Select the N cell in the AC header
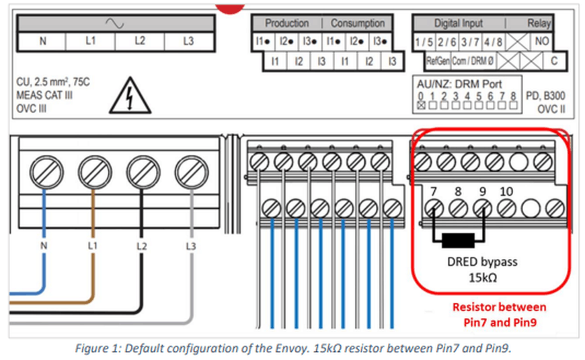43,41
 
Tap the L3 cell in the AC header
188,41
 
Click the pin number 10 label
507,192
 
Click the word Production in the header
287,23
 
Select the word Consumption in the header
358,23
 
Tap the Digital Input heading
458,23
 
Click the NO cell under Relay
541,41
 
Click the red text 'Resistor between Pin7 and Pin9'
498,314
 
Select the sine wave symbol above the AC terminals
115,23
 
